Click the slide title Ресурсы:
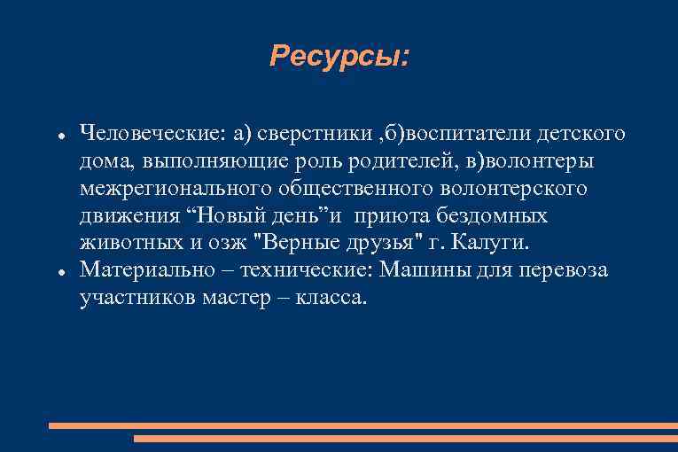pos(339,58)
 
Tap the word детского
pos(580,134)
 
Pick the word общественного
pos(354,189)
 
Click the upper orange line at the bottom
pos(362,425)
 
